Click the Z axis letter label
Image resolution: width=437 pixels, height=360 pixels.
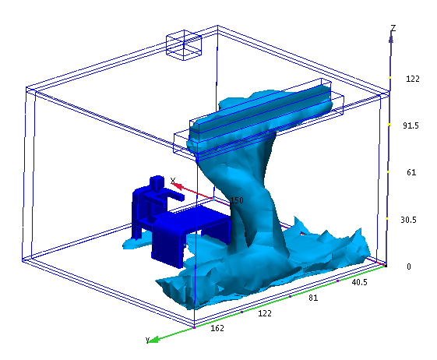pos(393,28)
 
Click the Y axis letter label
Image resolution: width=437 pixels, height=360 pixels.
pos(147,340)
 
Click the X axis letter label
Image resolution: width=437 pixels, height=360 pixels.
pos(173,181)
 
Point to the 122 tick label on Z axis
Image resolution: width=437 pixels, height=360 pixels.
pos(413,79)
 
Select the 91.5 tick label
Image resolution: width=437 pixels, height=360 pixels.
pos(411,125)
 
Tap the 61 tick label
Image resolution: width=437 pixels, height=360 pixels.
pos(411,173)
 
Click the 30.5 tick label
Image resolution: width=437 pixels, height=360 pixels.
pos(409,220)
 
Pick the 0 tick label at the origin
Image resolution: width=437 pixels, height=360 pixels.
pos(409,266)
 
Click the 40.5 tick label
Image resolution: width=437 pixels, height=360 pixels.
pos(360,283)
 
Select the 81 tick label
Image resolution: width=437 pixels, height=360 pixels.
pos(313,298)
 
